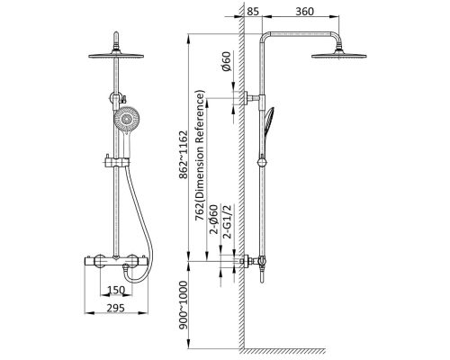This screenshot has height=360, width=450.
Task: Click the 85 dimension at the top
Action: tap(253, 12)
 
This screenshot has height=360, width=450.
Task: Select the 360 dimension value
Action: tap(304, 12)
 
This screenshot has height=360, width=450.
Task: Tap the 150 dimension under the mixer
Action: tap(116, 290)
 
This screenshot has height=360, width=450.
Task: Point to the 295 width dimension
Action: tap(116, 308)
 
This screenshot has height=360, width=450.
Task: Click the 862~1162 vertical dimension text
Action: tap(184, 155)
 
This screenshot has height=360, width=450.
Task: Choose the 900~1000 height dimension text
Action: tap(184, 305)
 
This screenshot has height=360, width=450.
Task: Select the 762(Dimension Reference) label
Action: tap(200, 156)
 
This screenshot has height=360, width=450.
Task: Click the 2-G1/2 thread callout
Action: tap(228, 221)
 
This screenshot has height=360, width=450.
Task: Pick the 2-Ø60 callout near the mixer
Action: tap(214, 220)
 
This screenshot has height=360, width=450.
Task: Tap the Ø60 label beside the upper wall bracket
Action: tap(227, 61)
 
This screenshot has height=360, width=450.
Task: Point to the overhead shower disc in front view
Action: tap(116, 56)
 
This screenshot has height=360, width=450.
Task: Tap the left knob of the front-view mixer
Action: tap(99, 261)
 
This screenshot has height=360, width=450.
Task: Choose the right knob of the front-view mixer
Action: tap(132, 261)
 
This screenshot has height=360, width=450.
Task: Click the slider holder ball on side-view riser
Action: tap(262, 162)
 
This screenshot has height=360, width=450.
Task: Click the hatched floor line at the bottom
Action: tap(284, 351)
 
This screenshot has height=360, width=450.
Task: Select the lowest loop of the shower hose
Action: tap(136, 280)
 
